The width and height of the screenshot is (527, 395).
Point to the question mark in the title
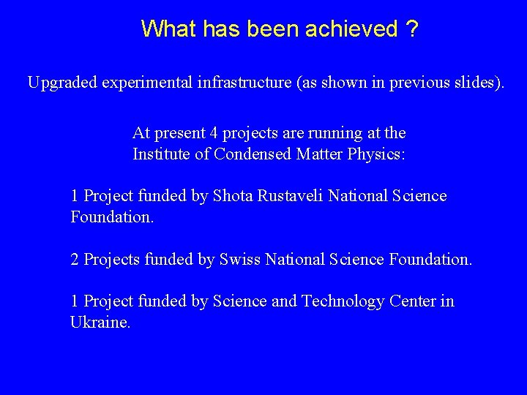tap(414, 29)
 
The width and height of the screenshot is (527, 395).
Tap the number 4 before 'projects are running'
tap(214, 134)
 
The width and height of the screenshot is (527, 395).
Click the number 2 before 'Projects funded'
tap(75, 260)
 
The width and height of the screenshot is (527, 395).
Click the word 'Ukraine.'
tap(100, 323)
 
